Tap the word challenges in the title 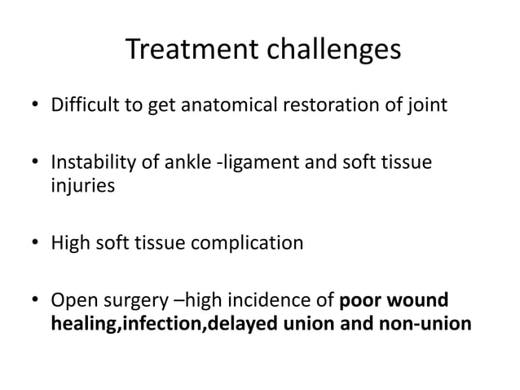pos(332,51)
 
